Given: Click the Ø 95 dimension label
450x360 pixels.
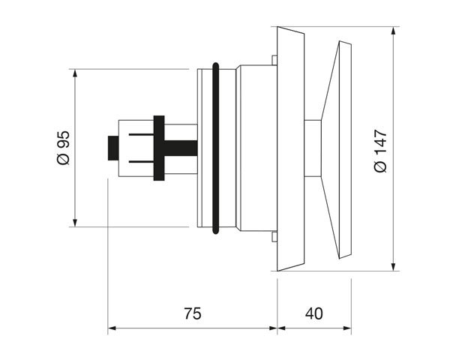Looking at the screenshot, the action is [x=64, y=148].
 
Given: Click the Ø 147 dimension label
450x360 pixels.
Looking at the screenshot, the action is [x=380, y=151].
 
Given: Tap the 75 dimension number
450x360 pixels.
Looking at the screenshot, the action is [x=193, y=313].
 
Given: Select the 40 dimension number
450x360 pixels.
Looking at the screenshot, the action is [x=314, y=313].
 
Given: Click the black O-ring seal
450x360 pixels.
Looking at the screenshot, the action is [x=215, y=148].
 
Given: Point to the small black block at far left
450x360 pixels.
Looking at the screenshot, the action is [x=113, y=148].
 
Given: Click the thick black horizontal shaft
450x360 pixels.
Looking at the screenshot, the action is [x=181, y=148].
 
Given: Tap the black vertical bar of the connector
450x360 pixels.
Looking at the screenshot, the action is [x=159, y=148].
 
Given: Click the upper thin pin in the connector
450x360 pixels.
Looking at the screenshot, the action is [x=141, y=134].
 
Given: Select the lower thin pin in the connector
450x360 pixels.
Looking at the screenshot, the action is [x=141, y=162].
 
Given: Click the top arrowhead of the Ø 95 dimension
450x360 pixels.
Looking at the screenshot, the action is [x=75, y=73].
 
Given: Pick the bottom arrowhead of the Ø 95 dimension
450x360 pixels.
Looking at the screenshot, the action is [x=75, y=223].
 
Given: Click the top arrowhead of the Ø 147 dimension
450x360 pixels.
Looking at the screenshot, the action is [x=394, y=31].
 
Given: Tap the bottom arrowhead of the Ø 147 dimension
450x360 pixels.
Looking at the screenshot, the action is [x=394, y=266].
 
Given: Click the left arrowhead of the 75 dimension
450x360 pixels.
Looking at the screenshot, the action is [x=112, y=328].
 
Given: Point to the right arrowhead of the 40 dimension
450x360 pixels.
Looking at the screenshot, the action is [x=347, y=328].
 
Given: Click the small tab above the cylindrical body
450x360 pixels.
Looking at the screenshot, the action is [x=274, y=60].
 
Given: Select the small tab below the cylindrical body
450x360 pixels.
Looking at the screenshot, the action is [x=274, y=236].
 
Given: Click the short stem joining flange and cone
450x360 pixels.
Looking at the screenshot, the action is [x=313, y=148].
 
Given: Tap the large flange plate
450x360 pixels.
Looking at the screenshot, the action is [x=290, y=148].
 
